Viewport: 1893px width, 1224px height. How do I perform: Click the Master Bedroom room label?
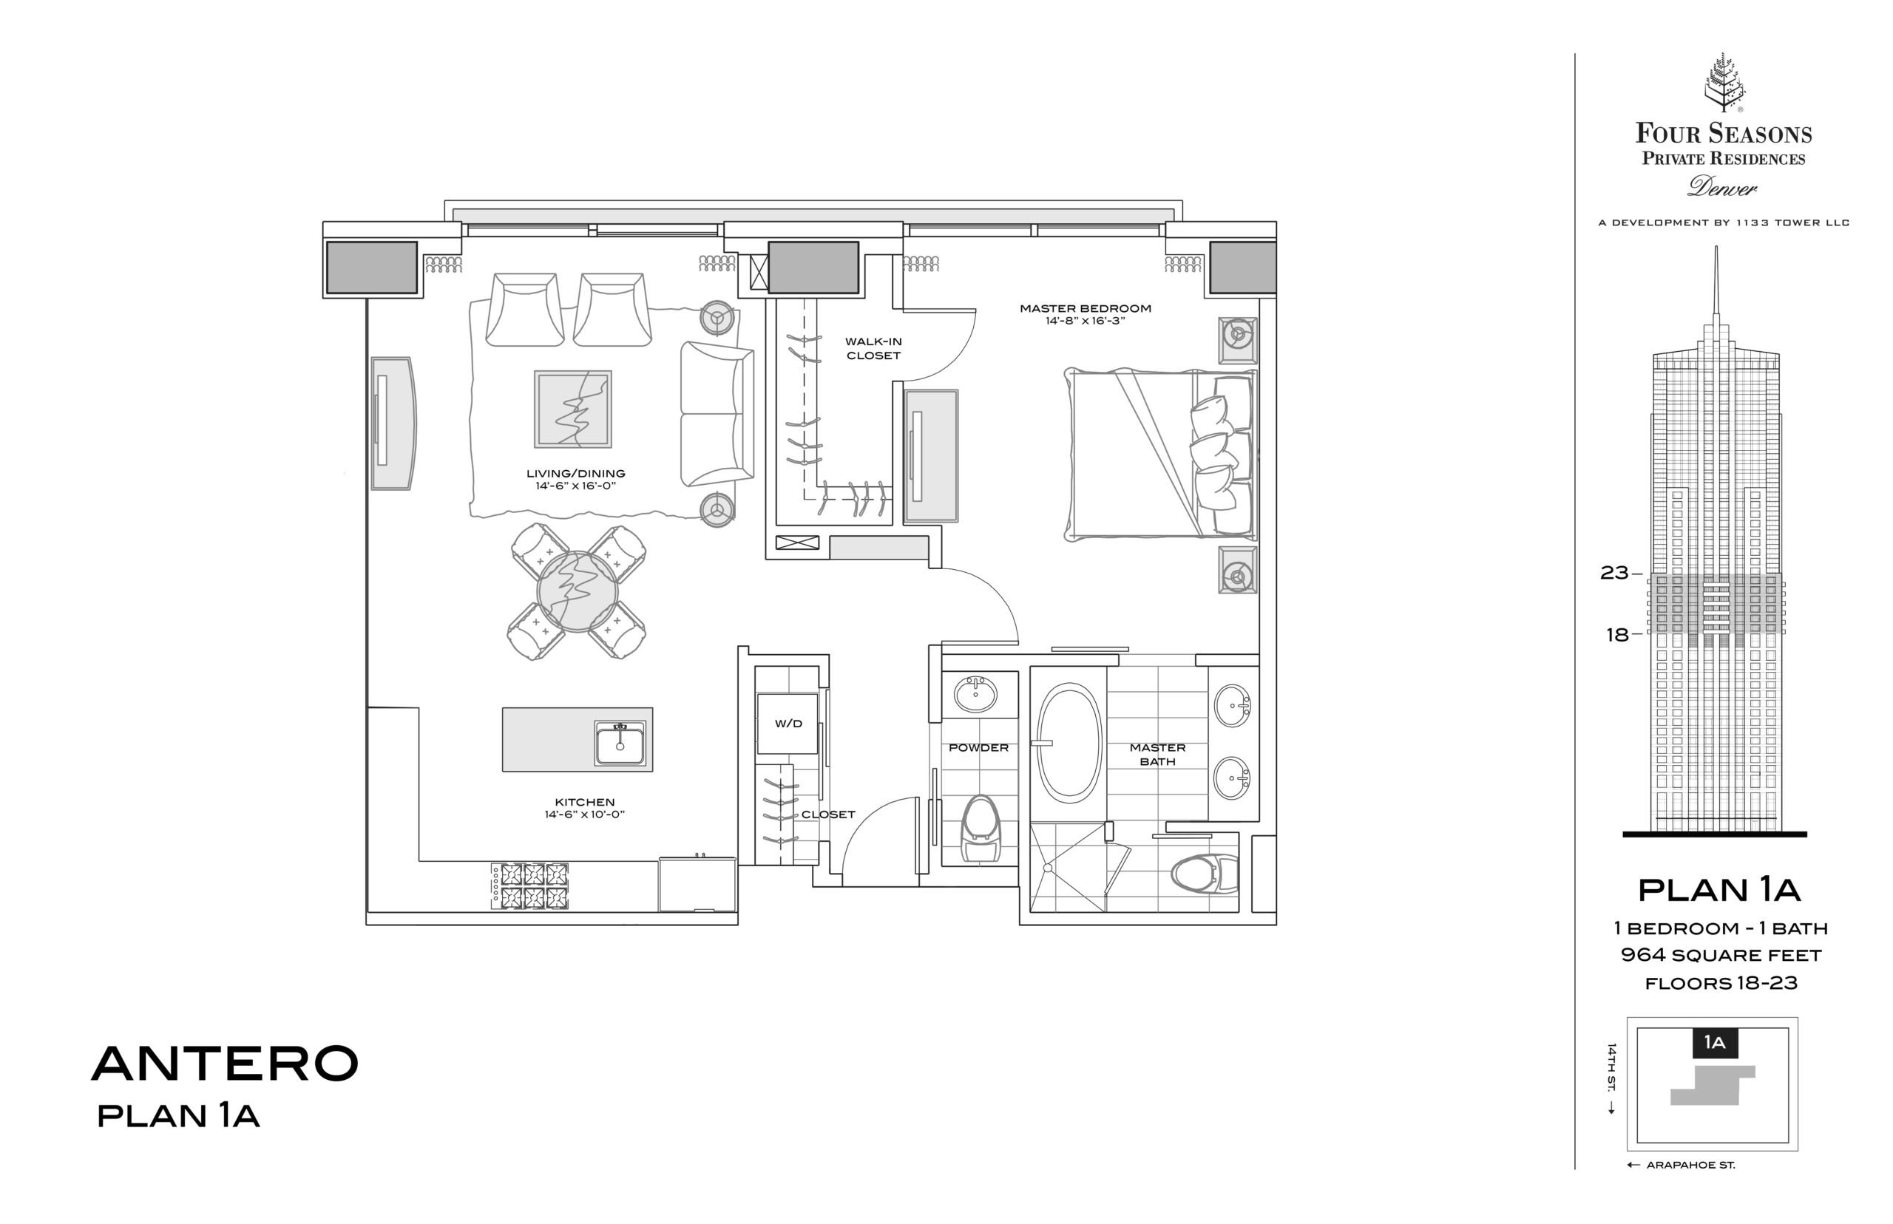1086,308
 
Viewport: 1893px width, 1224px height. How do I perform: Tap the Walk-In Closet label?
873,348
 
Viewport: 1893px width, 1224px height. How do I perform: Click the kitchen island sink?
620,743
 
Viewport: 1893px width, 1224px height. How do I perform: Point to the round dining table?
577,592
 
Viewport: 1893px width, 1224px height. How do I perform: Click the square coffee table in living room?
572,409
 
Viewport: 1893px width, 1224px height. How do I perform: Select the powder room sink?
975,695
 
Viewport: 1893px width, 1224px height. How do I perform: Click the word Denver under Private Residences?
1723,187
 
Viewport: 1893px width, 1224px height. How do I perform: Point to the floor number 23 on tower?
1614,573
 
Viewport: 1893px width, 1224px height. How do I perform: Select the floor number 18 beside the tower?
1617,634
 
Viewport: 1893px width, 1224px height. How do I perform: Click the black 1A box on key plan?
1715,1043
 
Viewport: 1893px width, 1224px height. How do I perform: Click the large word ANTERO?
225,1063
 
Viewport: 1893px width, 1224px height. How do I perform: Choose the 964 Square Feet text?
1721,956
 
